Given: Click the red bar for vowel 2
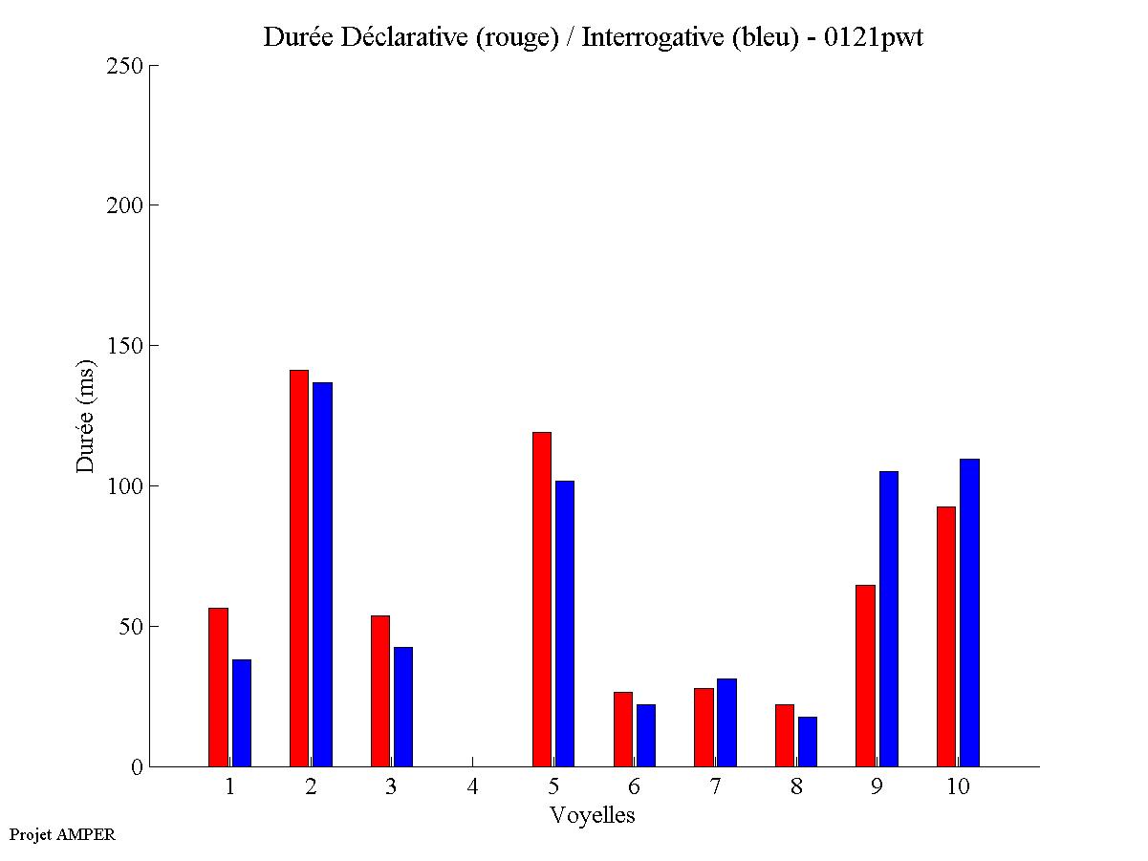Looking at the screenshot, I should [x=299, y=568].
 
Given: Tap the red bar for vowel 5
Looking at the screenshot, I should [x=542, y=599].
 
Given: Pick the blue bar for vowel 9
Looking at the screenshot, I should [x=889, y=618].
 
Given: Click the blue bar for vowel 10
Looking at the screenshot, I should [x=969, y=613].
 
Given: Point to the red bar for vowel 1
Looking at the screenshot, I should [x=218, y=687].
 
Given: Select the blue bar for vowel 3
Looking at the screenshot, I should [x=403, y=706].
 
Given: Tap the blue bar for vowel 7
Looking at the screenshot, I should [x=726, y=722].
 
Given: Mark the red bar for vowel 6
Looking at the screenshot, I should [x=622, y=729].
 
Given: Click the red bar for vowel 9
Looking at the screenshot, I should [x=865, y=676].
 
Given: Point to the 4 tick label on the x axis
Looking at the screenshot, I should [x=472, y=787].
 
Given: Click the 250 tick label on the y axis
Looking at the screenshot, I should [x=125, y=66].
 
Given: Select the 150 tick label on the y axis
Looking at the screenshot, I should [x=125, y=346].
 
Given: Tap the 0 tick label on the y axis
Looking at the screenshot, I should [x=137, y=767].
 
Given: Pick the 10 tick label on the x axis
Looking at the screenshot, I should [x=958, y=787].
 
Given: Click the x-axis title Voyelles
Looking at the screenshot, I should [x=593, y=815].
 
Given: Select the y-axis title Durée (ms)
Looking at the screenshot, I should [x=86, y=415].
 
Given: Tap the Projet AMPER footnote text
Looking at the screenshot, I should [x=62, y=835].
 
